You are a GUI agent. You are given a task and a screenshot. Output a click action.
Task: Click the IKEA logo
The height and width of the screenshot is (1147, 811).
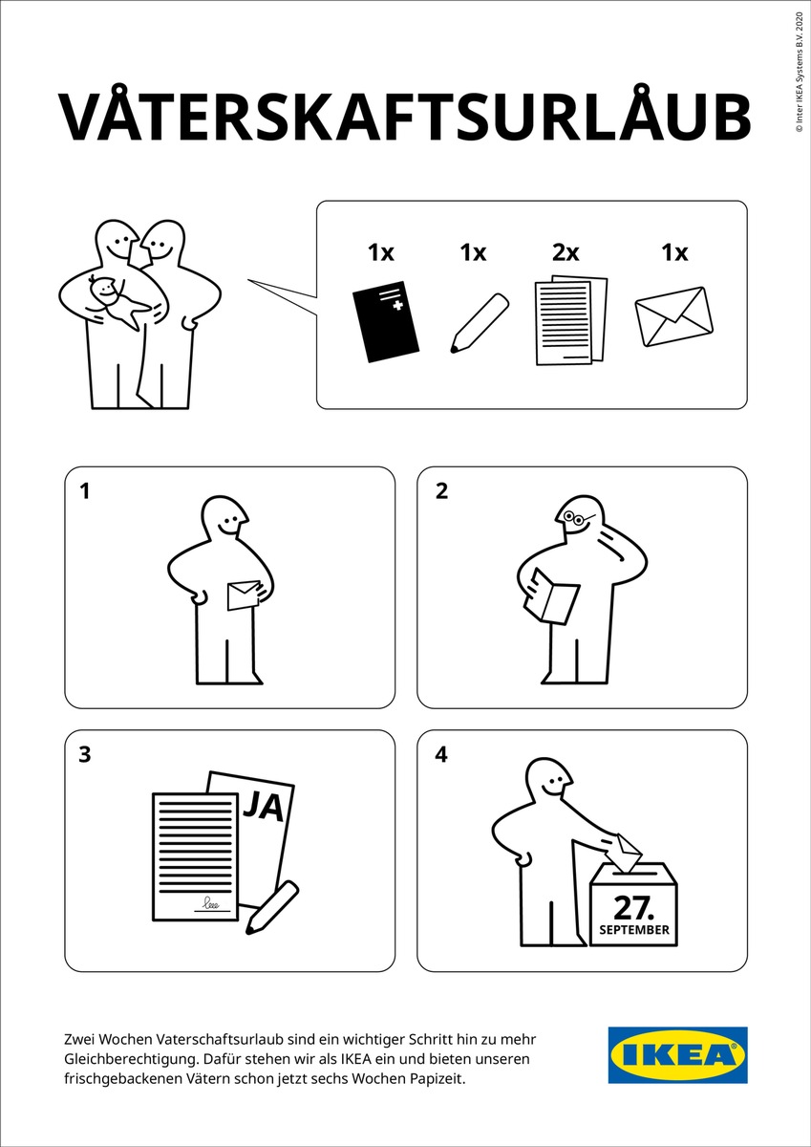(677, 1056)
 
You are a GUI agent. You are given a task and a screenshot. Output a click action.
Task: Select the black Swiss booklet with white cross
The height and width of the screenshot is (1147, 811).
(386, 321)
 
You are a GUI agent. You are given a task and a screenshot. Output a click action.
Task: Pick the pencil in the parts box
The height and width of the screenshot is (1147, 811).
(479, 323)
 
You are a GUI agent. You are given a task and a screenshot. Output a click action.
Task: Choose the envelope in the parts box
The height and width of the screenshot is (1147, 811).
(673, 316)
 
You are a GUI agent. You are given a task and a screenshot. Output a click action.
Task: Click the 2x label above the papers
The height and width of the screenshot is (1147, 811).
(566, 252)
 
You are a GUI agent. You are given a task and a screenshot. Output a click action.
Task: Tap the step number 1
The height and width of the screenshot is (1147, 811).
(84, 491)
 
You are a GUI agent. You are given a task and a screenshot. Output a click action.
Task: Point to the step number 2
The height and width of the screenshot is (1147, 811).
(441, 491)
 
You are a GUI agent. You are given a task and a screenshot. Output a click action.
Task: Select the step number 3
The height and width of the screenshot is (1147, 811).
(85, 754)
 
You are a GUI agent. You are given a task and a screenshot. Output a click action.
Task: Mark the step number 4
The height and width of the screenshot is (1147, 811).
(441, 754)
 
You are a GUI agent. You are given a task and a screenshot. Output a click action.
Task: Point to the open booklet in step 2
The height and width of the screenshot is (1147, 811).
(550, 596)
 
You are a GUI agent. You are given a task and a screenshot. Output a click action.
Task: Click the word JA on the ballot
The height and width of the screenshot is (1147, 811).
(263, 806)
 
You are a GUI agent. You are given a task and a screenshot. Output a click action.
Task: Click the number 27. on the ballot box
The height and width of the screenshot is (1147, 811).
(633, 908)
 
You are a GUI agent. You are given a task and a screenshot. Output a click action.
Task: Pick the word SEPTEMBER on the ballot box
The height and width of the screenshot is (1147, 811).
(634, 930)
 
